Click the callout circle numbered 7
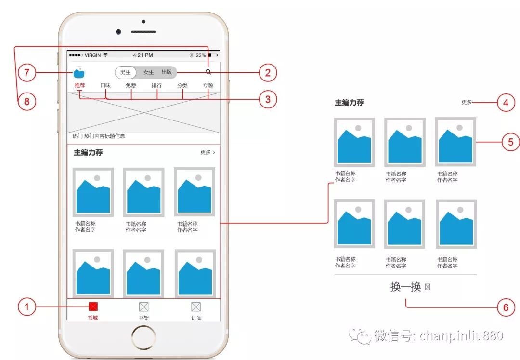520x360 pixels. pos(27,73)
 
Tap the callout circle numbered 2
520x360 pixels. pos(268,73)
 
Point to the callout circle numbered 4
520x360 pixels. pos(506,103)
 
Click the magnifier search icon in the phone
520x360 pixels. pos(208,72)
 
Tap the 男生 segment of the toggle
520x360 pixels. pos(126,72)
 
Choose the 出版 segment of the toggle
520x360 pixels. pos(167,72)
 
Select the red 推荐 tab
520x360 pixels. pos(80,86)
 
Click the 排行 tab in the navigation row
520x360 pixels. pos(156,86)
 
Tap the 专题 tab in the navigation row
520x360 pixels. pos(208,86)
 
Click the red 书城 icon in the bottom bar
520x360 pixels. pos(93,307)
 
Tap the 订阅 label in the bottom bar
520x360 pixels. pos(196,318)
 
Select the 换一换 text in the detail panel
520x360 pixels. pos(406,287)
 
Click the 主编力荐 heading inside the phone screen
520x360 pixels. pos(88,153)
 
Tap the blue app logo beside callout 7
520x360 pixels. pos(79,73)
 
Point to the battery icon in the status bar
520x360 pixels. pos(213,55)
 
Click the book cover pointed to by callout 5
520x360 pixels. pos(455,142)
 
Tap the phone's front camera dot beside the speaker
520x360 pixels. pos(118,32)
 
